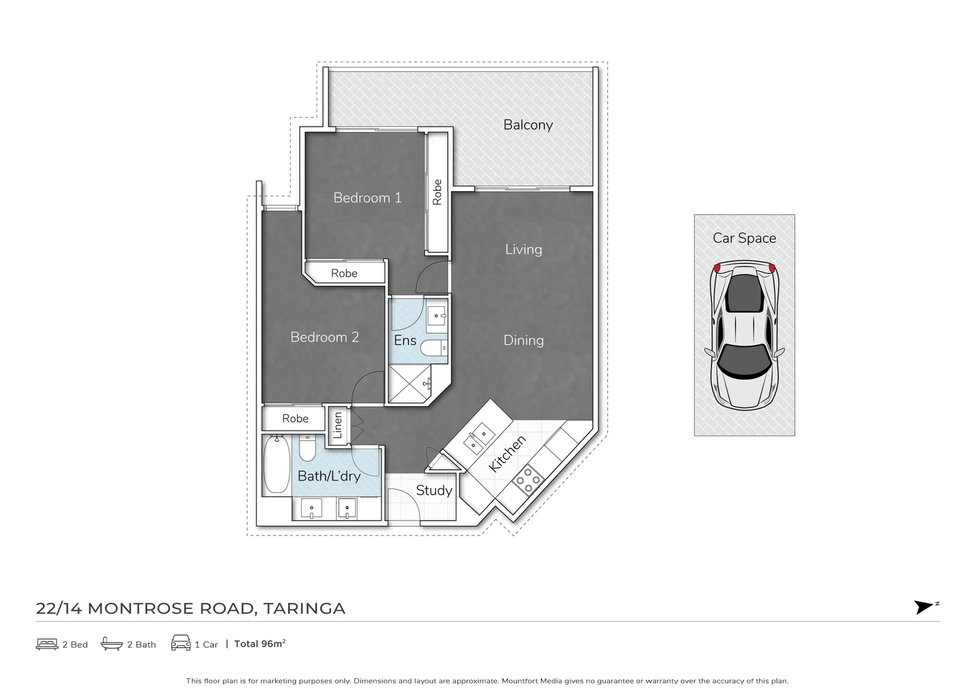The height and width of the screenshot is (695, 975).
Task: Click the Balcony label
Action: click(x=527, y=125)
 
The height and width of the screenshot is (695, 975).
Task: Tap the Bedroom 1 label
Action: click(x=367, y=198)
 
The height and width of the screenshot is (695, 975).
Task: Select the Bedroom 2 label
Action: click(x=324, y=337)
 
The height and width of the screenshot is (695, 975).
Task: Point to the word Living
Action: click(x=523, y=250)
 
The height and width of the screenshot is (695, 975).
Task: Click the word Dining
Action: click(x=523, y=340)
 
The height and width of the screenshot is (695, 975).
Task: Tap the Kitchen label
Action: click(x=507, y=454)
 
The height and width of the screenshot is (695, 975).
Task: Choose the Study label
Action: click(x=433, y=490)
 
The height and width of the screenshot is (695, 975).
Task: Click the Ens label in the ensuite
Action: click(x=405, y=340)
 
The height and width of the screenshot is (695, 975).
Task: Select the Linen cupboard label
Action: click(x=338, y=425)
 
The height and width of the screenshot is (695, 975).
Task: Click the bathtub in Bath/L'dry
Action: click(x=277, y=465)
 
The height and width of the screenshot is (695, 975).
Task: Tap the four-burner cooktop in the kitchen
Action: click(x=528, y=480)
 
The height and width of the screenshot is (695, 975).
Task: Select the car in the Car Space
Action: click(x=744, y=335)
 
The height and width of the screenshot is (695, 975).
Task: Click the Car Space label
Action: click(x=744, y=238)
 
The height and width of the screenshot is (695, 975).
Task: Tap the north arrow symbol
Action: click(x=924, y=607)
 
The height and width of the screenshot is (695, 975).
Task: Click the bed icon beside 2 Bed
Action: click(x=47, y=644)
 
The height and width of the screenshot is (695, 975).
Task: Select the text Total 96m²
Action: click(x=260, y=644)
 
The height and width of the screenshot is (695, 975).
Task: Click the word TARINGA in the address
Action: click(x=304, y=608)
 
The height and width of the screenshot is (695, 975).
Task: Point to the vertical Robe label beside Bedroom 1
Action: click(x=437, y=192)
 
